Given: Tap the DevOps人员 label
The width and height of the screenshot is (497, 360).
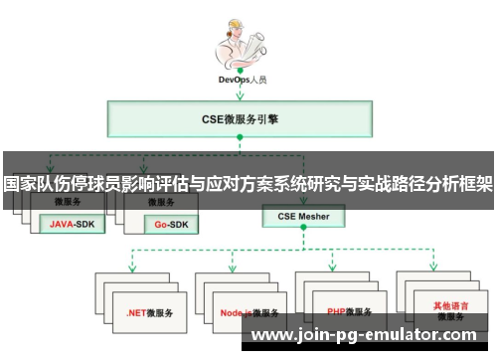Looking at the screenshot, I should pyautogui.click(x=242, y=79).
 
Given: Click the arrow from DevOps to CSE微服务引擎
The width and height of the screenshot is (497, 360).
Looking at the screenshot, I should pyautogui.click(x=242, y=93).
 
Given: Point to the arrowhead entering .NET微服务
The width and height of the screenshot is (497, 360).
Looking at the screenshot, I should pyautogui.click(x=132, y=268).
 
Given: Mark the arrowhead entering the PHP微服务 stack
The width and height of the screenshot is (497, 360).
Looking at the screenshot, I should pyautogui.click(x=335, y=268).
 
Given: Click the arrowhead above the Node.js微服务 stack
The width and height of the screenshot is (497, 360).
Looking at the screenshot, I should pyautogui.click(x=234, y=268).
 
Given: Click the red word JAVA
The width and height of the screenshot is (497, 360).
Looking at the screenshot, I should pyautogui.click(x=62, y=225).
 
